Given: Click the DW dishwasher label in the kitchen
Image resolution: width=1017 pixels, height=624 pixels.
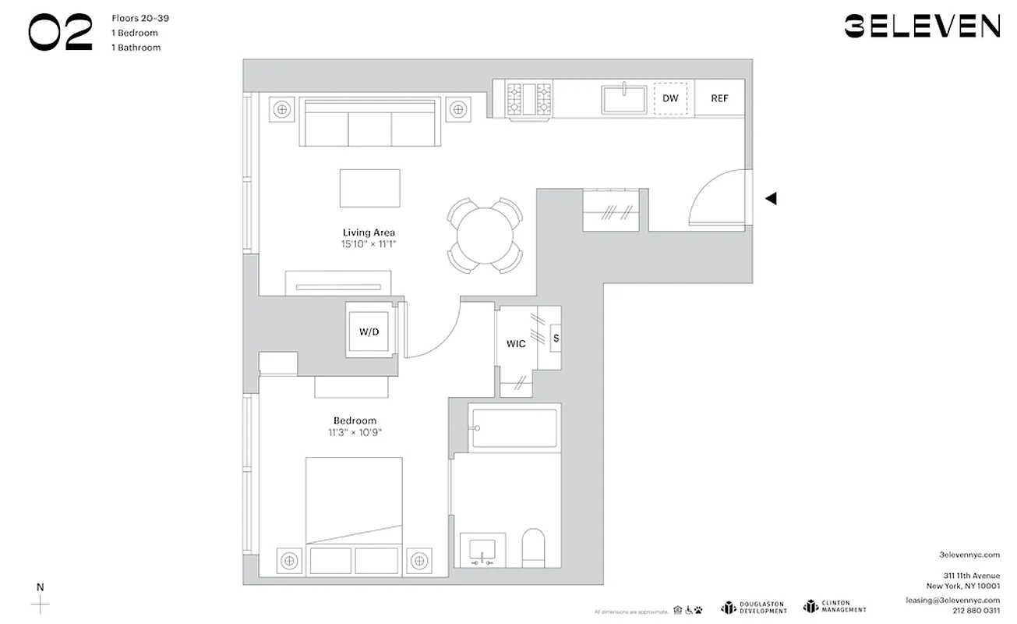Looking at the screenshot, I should pos(670,99).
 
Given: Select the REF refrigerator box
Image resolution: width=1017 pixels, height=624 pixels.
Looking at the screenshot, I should pos(719,98).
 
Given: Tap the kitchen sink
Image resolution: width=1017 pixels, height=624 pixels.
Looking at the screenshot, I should pos(623,99).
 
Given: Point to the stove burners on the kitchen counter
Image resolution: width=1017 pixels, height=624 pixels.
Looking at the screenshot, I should pos(530,99).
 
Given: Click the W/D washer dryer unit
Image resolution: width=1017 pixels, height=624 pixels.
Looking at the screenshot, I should pos(369,331).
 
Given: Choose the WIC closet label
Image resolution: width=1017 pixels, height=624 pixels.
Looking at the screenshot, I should pos(516,344).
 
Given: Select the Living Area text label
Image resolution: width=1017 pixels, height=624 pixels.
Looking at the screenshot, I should pos(369,232).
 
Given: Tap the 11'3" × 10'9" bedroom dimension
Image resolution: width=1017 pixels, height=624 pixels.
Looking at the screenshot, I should pos(355,432).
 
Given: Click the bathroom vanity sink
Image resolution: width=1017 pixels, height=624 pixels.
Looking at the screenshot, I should pos(482,549).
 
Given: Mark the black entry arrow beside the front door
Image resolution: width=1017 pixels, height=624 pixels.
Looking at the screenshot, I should pos(771,199).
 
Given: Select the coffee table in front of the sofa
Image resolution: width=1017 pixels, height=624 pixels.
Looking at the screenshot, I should pos(369,188).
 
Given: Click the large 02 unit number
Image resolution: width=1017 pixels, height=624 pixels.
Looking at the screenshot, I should pos(60,33).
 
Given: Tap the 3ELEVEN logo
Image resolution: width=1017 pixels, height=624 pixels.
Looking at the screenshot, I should pos(922,27).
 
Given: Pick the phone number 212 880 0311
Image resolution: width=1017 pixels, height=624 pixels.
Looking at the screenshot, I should pos(976,611).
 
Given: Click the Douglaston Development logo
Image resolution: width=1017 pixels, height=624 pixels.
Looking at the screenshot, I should pos(754,607).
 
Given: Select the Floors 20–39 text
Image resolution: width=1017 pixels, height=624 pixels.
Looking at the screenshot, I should pos(140,18).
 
